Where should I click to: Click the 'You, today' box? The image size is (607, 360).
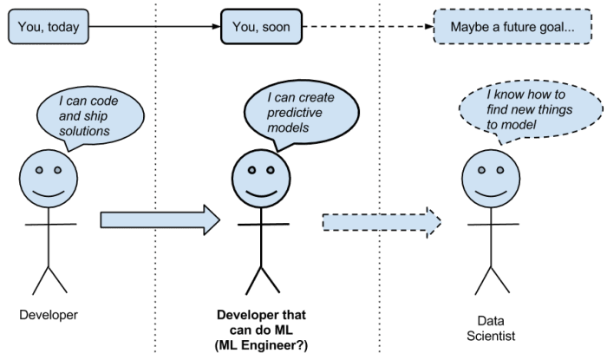pyautogui.click(x=48, y=28)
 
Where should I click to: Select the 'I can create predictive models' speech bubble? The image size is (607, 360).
pyautogui.click(x=299, y=112)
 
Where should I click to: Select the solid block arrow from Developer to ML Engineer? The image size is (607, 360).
pyautogui.click(x=160, y=219)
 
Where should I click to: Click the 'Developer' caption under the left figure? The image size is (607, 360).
pyautogui.click(x=49, y=315)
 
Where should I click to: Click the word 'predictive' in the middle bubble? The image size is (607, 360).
pyautogui.click(x=293, y=113)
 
